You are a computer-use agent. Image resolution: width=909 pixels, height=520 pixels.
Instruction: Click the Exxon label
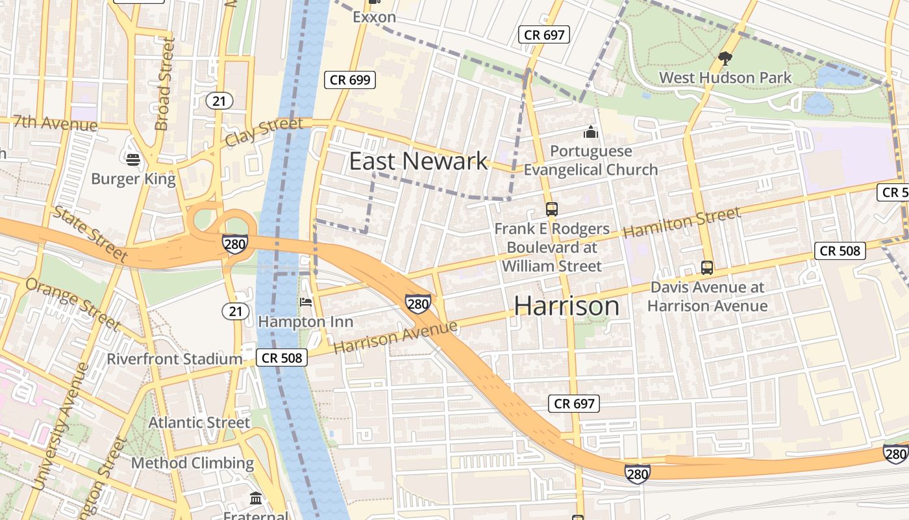(374, 17)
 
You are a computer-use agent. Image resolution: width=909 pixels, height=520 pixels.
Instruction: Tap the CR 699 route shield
(350, 80)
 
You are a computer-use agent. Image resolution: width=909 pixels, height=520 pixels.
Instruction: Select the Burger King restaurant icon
(133, 159)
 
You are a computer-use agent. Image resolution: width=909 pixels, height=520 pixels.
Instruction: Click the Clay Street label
(264, 132)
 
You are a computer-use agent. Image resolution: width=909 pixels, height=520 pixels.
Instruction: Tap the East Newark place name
(418, 161)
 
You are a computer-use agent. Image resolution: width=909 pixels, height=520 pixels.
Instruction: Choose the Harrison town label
(567, 306)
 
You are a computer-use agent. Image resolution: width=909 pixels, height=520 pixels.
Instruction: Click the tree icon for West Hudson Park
(725, 59)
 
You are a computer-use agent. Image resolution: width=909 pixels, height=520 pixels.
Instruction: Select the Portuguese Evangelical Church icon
(590, 133)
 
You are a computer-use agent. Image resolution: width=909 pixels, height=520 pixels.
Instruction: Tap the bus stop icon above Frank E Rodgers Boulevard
(552, 209)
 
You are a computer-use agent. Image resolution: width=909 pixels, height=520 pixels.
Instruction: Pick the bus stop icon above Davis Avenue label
(707, 267)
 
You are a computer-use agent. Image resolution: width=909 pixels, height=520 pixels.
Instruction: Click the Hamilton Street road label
(681, 222)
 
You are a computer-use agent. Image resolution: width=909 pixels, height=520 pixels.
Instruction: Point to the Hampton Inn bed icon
(306, 302)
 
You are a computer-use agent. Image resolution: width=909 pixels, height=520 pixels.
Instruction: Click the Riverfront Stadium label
(174, 359)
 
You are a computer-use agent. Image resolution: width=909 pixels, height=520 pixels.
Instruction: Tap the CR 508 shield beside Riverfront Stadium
(282, 357)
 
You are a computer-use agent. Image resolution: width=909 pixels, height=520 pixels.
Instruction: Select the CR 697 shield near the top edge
(544, 34)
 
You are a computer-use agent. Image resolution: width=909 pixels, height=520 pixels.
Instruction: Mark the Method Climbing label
(192, 463)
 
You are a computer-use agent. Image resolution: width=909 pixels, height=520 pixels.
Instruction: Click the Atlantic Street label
(199, 422)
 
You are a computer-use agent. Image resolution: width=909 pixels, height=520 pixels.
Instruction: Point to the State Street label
(90, 235)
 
